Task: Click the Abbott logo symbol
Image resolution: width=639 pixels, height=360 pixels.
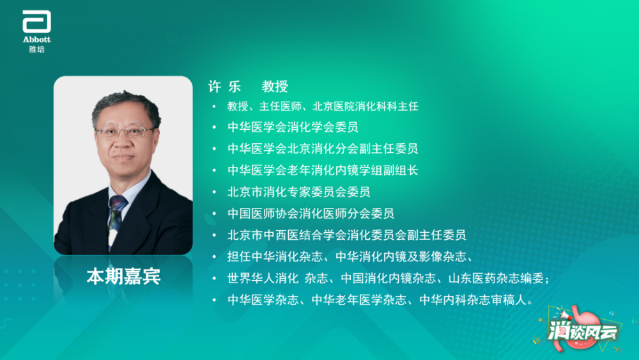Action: coord(36,22)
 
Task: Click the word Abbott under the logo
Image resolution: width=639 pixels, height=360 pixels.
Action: coord(36,40)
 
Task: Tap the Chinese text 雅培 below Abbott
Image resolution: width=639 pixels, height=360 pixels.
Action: coord(36,49)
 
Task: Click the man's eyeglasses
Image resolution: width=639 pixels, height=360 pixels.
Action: coord(125,132)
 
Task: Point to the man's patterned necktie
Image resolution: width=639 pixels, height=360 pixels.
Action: coord(115,214)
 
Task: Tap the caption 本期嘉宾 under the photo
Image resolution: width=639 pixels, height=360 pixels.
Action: coord(123,276)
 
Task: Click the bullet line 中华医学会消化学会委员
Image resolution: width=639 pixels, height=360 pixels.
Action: coord(293,127)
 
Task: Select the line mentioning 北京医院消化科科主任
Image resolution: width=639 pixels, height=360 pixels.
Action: coord(323,106)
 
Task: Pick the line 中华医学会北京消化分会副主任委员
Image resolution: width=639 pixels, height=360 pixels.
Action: coord(323,149)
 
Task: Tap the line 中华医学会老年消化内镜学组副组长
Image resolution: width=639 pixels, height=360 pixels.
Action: coord(323,171)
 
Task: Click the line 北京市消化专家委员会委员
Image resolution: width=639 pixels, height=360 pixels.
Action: coord(299,192)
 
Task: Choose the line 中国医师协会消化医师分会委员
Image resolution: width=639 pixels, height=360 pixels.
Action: coord(311,214)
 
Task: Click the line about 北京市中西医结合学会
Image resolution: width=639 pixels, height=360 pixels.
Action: coord(346,235)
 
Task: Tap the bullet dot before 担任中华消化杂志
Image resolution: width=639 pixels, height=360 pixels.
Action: coord(214,258)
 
